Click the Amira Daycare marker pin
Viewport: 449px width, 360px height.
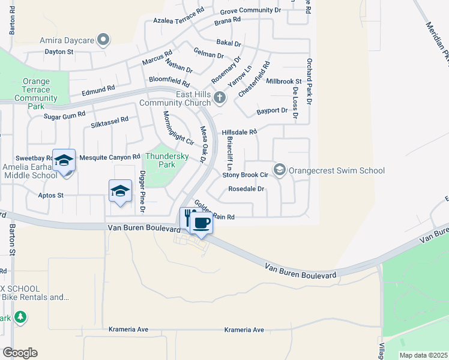point(104,40)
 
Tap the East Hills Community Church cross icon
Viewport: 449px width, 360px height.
point(220,97)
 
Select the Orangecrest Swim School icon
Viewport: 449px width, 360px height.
point(279,170)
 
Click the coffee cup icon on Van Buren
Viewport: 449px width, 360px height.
point(202,224)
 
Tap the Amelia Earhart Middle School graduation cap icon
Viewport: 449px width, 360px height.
point(64,160)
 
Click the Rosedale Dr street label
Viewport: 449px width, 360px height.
point(246,189)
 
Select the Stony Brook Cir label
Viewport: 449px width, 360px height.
point(245,175)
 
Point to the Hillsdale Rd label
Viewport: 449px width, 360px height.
point(239,131)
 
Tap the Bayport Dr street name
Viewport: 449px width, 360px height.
point(272,111)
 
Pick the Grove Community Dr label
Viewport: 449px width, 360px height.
point(250,11)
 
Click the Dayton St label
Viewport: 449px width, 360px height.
point(59,52)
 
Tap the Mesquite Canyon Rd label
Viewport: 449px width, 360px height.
point(110,157)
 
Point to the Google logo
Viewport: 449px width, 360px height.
point(20,353)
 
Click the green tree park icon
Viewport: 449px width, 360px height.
point(20,316)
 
